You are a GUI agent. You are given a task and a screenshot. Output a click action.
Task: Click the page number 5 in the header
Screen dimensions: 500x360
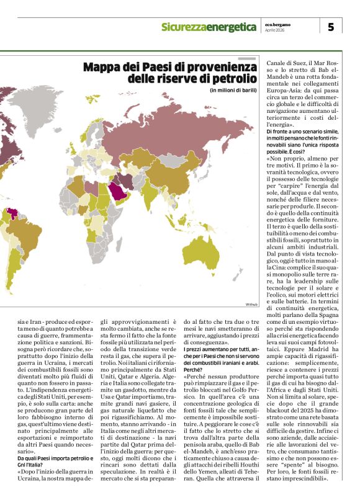point(330,27)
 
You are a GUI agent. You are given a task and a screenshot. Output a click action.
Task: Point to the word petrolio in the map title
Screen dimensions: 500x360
point(230,79)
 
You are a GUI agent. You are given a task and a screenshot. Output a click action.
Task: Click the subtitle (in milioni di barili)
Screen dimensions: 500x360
point(233,92)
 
